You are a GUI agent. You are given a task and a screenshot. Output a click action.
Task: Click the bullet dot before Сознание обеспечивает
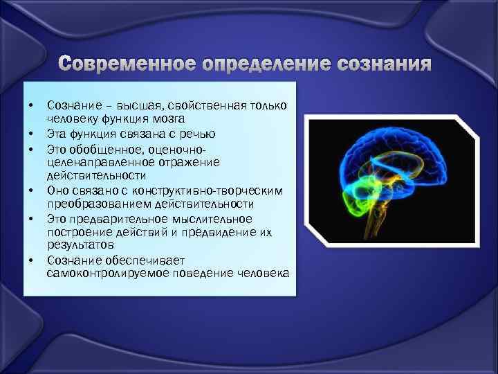coord(31,260)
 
